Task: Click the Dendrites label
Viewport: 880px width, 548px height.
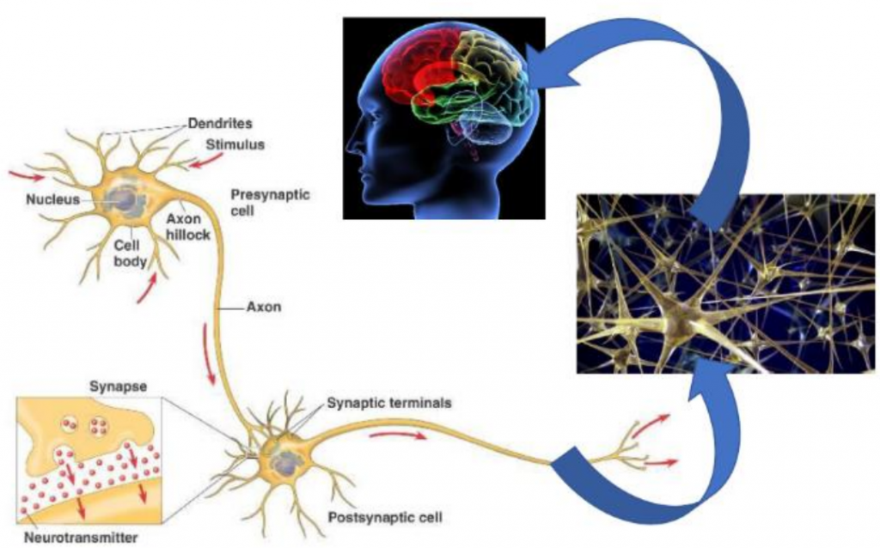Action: point(219,124)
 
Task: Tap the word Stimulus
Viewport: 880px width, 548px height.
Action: point(235,144)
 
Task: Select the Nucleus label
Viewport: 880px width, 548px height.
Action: point(52,199)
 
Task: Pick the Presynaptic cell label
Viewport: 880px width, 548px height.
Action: point(270,202)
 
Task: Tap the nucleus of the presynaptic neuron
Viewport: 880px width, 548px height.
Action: point(125,201)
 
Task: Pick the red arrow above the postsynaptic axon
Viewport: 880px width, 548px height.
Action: point(396,435)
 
